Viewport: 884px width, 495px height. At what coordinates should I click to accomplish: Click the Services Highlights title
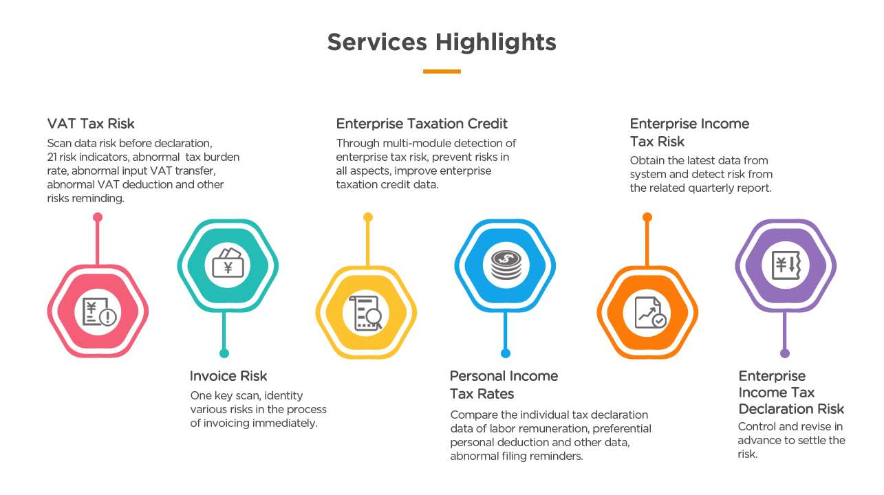point(442,42)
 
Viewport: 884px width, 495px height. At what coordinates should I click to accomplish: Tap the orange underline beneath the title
point(442,71)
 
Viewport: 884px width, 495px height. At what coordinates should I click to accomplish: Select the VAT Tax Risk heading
point(91,124)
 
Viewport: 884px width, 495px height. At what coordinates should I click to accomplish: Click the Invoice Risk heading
point(228,376)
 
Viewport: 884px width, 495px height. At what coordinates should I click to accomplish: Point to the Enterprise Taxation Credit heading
point(422,124)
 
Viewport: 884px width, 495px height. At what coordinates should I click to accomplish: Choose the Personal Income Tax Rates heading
point(504,384)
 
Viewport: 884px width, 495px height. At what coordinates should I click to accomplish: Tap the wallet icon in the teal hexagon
point(228,263)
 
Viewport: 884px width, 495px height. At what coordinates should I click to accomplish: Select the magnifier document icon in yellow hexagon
point(366,313)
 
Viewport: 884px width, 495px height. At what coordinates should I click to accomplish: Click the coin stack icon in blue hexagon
point(506,265)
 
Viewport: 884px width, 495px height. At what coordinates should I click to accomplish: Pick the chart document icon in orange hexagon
point(650,313)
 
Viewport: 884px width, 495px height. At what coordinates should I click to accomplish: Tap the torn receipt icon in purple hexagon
point(786,265)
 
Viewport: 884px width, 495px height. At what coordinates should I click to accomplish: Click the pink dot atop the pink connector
point(98,217)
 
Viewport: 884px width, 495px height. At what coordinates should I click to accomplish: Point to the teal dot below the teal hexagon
point(224,353)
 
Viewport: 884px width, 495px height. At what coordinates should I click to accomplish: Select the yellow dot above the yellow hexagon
point(368,217)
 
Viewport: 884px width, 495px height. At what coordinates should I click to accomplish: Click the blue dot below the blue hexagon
point(506,353)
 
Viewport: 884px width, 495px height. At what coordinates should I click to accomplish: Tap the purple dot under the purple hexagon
point(785,353)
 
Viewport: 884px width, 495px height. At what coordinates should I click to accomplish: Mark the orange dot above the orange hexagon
point(647,217)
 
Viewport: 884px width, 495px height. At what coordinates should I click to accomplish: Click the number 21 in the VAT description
point(52,157)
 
